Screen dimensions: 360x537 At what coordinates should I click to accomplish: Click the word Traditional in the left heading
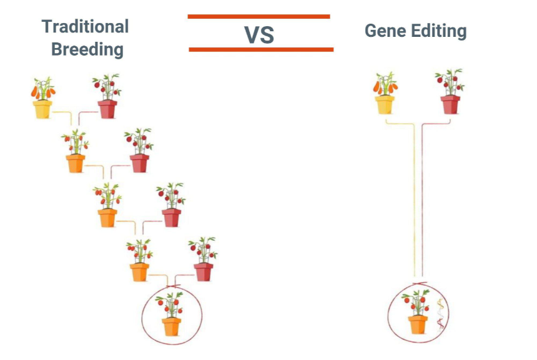click(85, 26)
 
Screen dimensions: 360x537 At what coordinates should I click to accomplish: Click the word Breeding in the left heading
click(87, 49)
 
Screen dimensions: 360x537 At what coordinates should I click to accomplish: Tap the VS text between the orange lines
click(259, 35)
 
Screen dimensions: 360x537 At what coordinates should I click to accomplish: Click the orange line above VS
click(259, 17)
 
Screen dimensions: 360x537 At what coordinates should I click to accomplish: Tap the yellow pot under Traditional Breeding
click(42, 109)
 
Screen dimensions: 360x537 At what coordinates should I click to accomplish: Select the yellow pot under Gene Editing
click(385, 104)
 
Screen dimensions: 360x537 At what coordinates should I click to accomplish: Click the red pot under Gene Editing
click(450, 104)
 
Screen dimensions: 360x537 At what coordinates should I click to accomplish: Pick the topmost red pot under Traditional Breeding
click(107, 109)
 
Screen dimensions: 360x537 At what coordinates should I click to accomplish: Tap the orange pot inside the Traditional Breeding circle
click(171, 326)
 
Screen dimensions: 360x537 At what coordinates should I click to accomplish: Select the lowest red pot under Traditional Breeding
click(203, 272)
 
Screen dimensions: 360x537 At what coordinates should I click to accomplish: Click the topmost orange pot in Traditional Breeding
click(75, 163)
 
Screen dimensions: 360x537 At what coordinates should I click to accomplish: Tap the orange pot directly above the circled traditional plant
click(139, 272)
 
